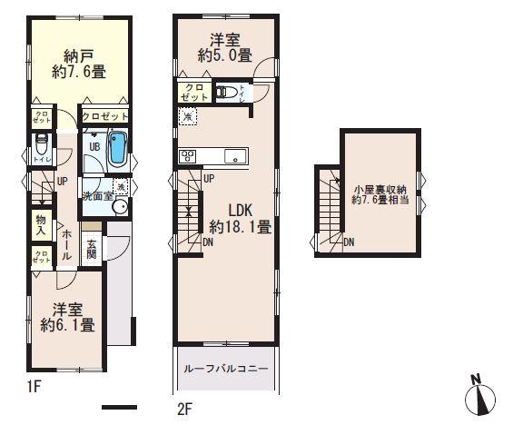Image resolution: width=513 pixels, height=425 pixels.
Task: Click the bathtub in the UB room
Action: pos(116,148)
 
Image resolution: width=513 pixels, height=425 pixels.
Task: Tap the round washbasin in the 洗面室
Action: pos(119,206)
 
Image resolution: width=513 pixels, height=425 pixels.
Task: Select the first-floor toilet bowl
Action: pos(40,145)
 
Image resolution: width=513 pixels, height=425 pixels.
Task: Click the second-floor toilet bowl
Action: pos(230,92)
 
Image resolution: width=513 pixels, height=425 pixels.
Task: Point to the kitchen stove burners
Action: pos(188,155)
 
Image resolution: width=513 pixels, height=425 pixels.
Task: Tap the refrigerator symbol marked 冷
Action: pos(186,116)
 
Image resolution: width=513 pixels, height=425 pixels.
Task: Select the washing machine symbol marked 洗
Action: pos(122,186)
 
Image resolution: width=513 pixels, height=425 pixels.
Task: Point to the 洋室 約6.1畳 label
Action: pos(68,316)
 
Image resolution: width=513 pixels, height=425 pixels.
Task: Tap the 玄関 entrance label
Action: pos(93,249)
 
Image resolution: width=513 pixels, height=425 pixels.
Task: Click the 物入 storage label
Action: pos(41,224)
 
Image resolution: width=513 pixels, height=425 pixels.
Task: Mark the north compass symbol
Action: pos(481,397)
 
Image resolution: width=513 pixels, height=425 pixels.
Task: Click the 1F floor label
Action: pos(34,388)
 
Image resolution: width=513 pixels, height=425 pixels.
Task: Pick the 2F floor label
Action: pos(183,409)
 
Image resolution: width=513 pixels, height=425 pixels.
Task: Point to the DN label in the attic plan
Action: pos(350,242)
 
